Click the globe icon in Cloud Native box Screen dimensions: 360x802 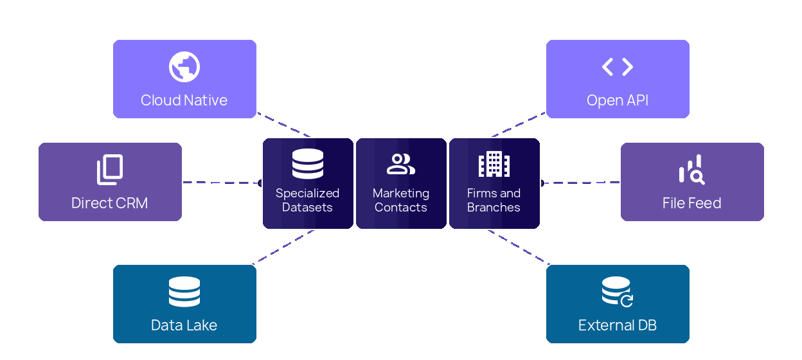[184, 67]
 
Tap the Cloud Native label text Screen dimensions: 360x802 [184, 100]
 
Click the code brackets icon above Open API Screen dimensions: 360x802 [618, 66]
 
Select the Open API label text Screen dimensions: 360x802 [618, 100]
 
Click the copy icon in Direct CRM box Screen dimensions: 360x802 [110, 170]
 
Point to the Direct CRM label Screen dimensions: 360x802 [110, 203]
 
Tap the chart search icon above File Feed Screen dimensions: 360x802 [691, 170]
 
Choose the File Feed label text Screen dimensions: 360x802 [692, 203]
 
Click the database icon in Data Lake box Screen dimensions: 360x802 [184, 292]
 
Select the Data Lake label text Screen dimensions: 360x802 [184, 325]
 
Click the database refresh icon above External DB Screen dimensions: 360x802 [617, 291]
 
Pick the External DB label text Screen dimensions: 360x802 [618, 325]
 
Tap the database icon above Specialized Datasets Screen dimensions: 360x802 [308, 164]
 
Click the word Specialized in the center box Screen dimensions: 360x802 [308, 193]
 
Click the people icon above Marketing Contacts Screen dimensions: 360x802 [401, 164]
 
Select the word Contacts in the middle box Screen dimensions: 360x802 [401, 208]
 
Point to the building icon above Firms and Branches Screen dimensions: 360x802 [494, 164]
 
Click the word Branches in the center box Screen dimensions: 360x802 [494, 208]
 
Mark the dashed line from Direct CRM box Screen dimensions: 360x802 [222, 183]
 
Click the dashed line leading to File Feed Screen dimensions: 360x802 [580, 183]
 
